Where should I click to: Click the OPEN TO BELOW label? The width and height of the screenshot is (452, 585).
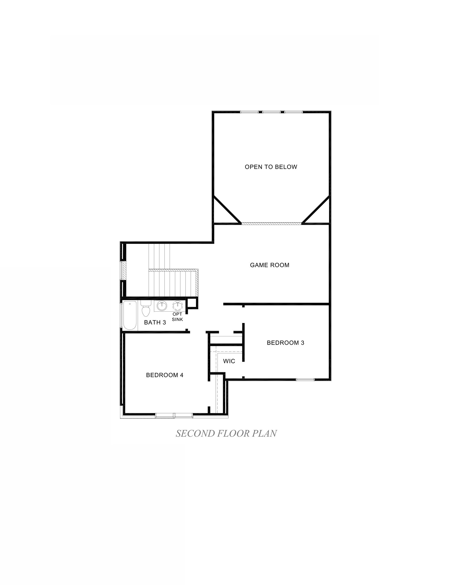click(x=271, y=167)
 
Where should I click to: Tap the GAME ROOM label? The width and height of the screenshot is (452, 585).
click(x=269, y=265)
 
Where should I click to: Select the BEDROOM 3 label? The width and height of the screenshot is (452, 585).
click(x=286, y=343)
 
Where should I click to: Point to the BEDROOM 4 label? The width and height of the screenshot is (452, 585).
click(x=164, y=375)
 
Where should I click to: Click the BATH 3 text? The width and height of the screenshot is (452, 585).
click(x=155, y=323)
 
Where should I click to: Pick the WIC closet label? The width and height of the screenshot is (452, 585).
click(x=229, y=361)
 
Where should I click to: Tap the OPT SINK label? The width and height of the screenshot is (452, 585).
click(x=177, y=317)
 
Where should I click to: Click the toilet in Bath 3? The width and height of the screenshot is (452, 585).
click(x=146, y=309)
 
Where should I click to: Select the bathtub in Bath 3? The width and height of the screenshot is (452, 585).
click(x=130, y=316)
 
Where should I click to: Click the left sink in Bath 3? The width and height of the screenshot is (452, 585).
click(x=162, y=305)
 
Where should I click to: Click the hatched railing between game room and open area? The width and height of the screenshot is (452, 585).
click(x=271, y=223)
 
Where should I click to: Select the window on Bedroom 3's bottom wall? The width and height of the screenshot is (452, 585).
click(x=305, y=379)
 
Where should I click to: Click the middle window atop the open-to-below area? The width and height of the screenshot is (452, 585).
click(x=271, y=112)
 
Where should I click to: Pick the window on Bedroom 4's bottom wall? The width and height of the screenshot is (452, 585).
click(x=174, y=415)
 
